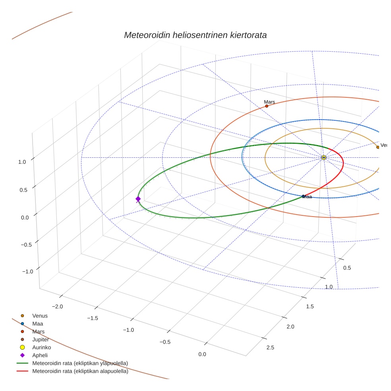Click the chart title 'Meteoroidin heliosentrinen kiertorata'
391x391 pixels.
195,35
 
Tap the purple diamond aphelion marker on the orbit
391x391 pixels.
138,199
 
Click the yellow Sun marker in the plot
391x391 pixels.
324,158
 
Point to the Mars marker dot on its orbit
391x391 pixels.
267,106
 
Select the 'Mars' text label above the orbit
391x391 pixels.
269,102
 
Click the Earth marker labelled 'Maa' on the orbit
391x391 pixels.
304,196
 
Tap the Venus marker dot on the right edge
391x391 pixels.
377,147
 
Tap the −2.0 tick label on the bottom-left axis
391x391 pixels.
58,306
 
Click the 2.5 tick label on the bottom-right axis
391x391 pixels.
270,348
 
